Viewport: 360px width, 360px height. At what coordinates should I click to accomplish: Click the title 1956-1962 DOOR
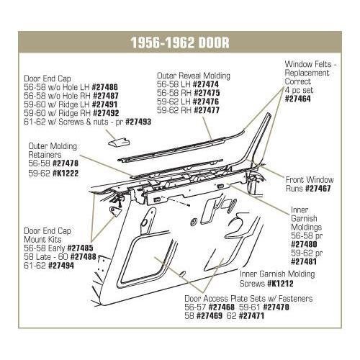180,42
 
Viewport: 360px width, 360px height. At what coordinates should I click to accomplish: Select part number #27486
105,87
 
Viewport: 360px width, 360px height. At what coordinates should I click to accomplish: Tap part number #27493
138,122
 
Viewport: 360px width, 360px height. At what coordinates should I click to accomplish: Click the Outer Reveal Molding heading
194,76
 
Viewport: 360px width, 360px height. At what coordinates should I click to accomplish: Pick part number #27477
207,110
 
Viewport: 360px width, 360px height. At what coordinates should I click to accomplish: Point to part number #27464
297,99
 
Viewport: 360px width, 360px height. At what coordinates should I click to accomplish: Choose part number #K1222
66,174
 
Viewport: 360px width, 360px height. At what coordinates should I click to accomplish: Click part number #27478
66,163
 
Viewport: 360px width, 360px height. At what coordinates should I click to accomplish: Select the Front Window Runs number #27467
318,189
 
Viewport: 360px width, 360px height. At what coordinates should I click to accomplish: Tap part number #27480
304,244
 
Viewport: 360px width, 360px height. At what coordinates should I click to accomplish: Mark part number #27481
304,261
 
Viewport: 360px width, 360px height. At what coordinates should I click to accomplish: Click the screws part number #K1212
280,284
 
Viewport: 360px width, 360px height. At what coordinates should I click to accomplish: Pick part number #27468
222,307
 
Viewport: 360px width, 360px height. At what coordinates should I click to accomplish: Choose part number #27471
251,315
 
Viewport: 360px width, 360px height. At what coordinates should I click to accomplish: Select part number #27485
80,248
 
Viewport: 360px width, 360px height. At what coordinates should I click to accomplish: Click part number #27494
61,266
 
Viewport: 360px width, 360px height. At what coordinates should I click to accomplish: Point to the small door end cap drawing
119,142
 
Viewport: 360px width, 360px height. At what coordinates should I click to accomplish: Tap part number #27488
83,257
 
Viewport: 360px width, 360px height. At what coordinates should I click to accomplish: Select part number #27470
276,307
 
